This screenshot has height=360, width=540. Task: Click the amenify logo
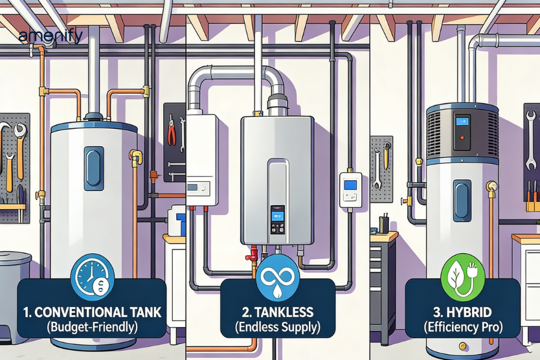click(x=50, y=36)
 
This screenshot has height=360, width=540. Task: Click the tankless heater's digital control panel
click(x=277, y=219)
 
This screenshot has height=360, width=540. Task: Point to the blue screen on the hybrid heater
click(x=463, y=122)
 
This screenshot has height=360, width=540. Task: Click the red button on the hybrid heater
click(x=462, y=137)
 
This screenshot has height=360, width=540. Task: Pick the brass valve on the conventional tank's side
click(x=135, y=156)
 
